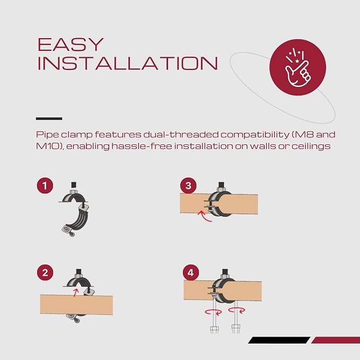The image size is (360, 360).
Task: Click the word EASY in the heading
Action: click(x=71, y=45)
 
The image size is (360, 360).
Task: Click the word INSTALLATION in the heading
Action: click(x=127, y=63)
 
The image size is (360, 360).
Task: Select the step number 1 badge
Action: click(x=45, y=186)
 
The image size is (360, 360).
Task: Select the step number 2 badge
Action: click(x=45, y=273)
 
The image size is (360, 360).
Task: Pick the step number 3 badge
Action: click(x=188, y=186)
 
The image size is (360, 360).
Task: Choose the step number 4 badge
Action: click(x=191, y=273)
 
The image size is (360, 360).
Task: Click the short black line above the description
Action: click(x=49, y=118)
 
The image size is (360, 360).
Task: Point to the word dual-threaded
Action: click(x=181, y=135)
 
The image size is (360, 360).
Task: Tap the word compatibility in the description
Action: click(x=255, y=135)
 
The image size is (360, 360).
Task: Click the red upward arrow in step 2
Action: click(x=76, y=293)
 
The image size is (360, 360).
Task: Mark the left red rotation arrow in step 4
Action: click(x=214, y=312)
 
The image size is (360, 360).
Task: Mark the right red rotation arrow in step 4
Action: click(x=236, y=310)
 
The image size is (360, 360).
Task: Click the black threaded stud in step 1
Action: click(x=74, y=185)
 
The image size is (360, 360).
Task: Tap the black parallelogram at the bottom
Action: click(x=279, y=340)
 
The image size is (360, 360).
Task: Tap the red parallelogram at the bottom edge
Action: click(x=336, y=340)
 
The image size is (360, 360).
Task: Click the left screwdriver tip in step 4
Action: click(x=214, y=330)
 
